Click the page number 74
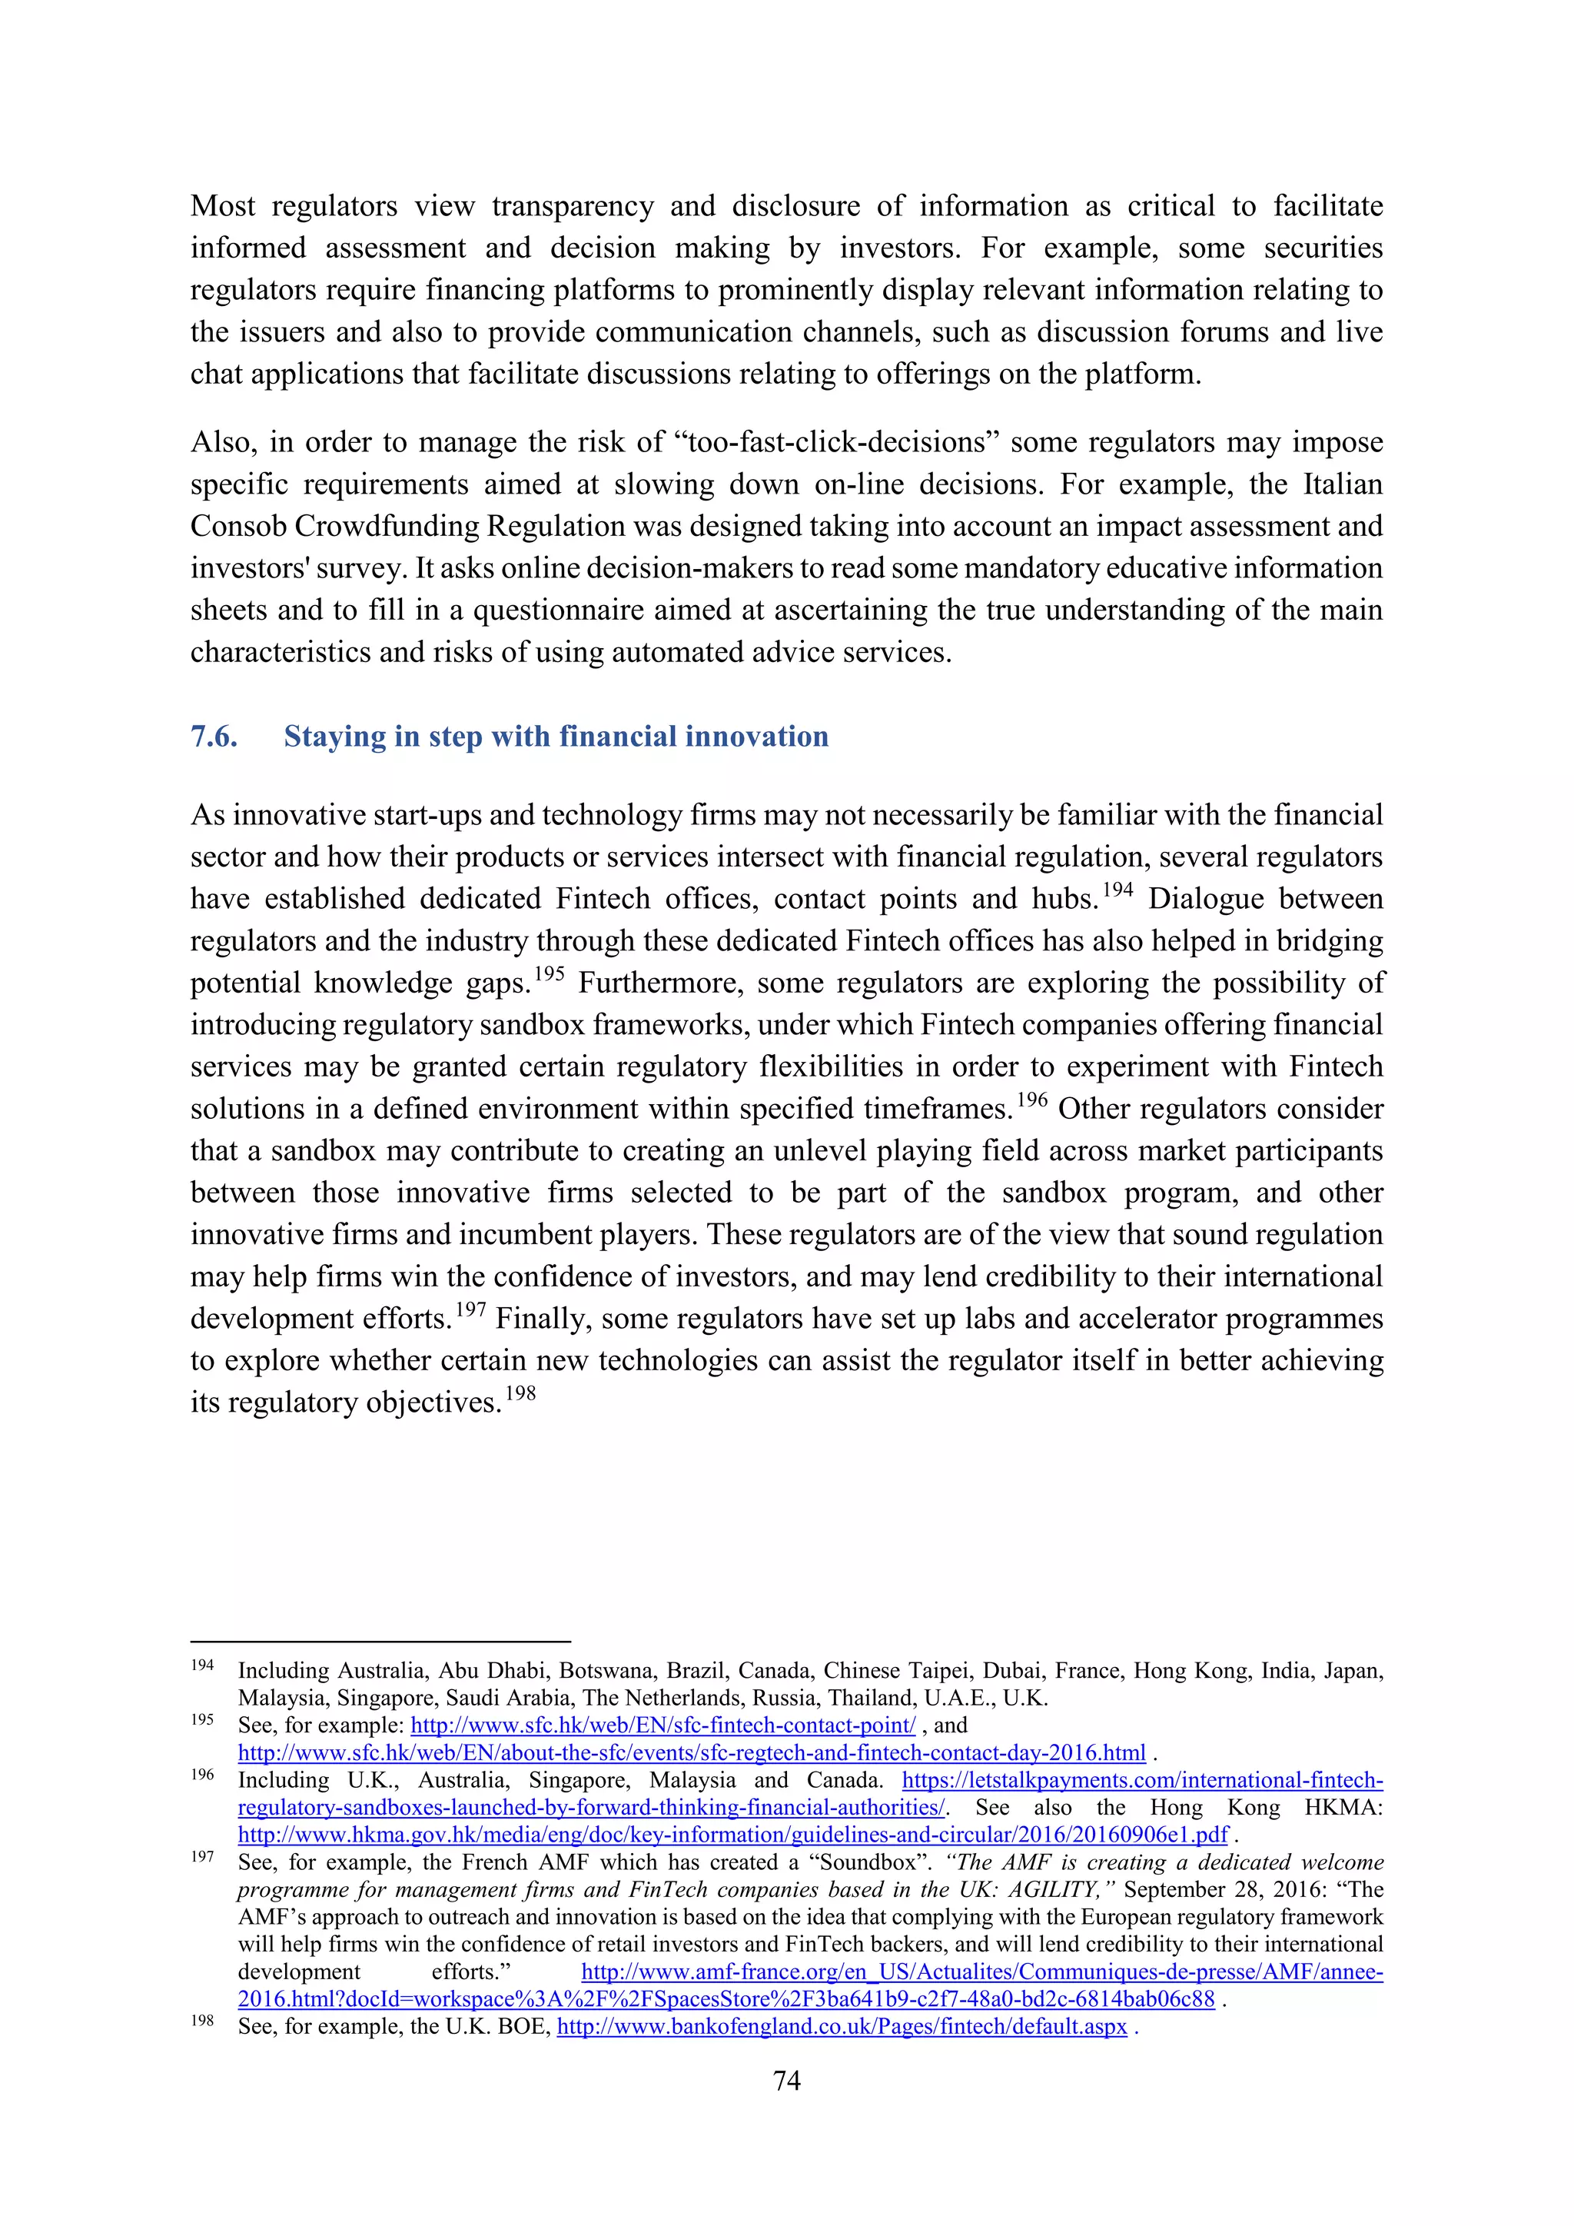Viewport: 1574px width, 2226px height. pyautogui.click(x=786, y=2081)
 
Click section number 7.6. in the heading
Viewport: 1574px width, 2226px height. pyautogui.click(x=214, y=737)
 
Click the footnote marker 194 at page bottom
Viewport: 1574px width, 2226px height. pyautogui.click(x=201, y=1665)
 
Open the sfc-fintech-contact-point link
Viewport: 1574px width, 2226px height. pyautogui.click(x=663, y=1725)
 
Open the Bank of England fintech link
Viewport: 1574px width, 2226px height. pyautogui.click(x=842, y=2028)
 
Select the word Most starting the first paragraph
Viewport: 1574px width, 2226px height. pyautogui.click(x=223, y=207)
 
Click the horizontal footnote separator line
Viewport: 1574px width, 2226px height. pyautogui.click(x=380, y=1642)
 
